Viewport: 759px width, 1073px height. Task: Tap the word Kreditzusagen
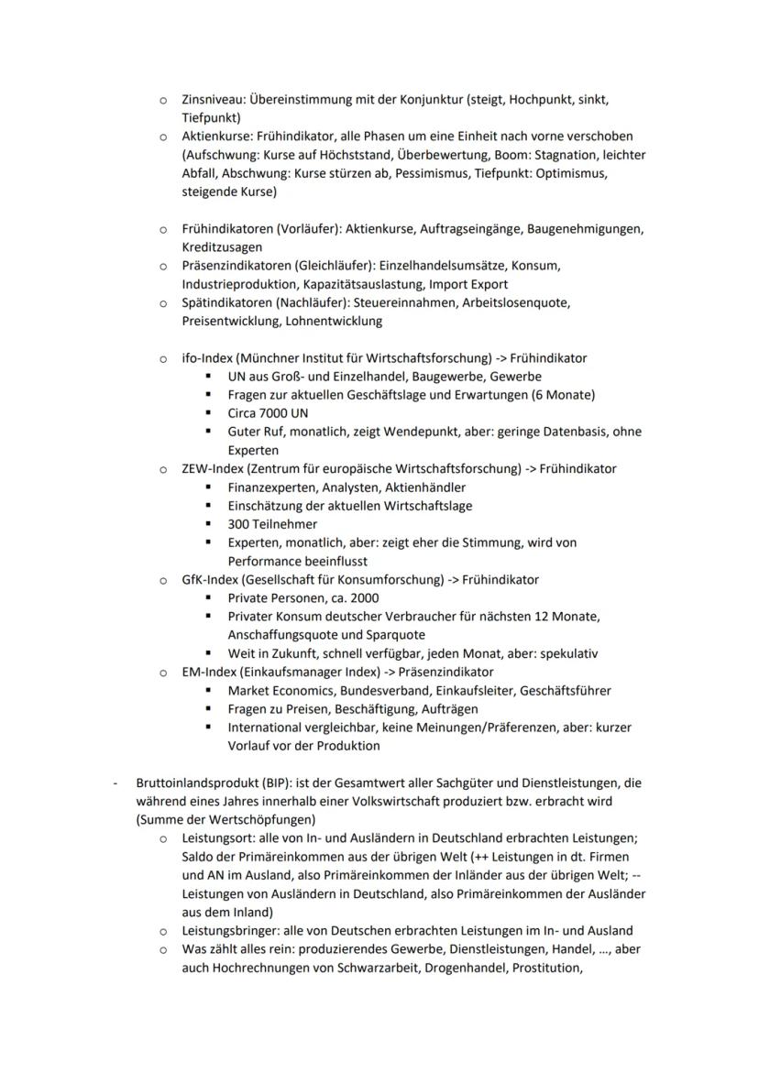click(x=222, y=247)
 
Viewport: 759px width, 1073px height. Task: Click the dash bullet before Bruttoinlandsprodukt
click(x=115, y=783)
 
